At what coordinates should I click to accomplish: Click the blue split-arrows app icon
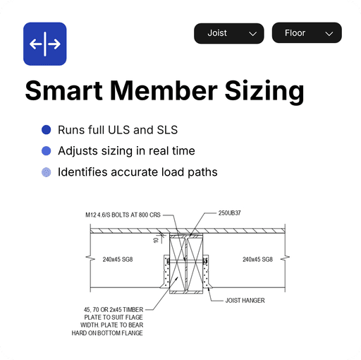(x=45, y=44)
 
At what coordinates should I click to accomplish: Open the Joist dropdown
(x=229, y=33)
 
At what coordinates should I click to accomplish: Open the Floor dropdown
(x=307, y=32)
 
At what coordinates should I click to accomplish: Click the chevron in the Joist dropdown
(x=252, y=34)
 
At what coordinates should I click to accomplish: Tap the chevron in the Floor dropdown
(x=329, y=34)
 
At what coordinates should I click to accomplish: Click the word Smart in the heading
(x=63, y=90)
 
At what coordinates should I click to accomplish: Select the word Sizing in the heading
(x=264, y=92)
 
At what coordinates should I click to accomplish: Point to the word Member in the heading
(x=164, y=90)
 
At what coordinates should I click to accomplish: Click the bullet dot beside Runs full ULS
(x=47, y=130)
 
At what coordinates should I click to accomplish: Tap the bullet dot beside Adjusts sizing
(x=47, y=151)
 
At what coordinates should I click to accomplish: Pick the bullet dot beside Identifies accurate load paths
(x=47, y=172)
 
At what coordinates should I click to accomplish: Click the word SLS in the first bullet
(x=167, y=130)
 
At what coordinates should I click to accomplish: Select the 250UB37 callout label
(x=229, y=213)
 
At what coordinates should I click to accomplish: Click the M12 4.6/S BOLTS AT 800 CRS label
(x=123, y=215)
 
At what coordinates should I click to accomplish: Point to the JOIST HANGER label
(x=245, y=301)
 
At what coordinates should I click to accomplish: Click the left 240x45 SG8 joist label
(x=118, y=259)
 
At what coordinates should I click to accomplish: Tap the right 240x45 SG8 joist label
(x=257, y=259)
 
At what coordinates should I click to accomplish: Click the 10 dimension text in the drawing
(x=156, y=240)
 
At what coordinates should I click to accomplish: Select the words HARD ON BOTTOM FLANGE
(x=107, y=333)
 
